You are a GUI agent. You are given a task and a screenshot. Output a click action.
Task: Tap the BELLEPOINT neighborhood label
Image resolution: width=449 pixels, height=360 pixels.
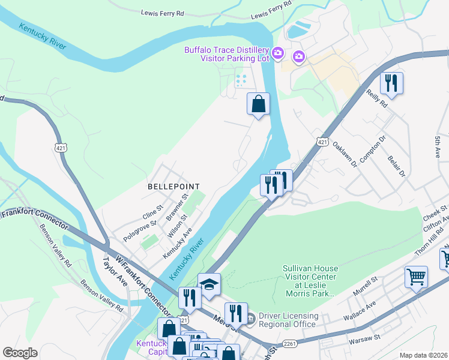[x=173, y=187]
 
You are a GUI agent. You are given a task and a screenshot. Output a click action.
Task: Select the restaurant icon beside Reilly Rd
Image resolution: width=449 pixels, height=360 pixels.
[x=391, y=83]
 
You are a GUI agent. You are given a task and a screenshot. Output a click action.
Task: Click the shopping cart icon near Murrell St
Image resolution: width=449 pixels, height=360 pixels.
[x=416, y=277]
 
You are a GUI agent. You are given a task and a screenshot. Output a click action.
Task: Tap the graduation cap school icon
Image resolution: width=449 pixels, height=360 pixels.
[x=209, y=284]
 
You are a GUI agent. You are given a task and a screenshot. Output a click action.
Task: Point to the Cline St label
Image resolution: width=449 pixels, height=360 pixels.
[x=152, y=211]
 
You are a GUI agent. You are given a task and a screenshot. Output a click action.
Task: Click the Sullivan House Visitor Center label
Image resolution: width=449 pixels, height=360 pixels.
[x=310, y=281]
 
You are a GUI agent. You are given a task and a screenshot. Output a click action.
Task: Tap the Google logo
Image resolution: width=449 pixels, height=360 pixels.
[x=20, y=353]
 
